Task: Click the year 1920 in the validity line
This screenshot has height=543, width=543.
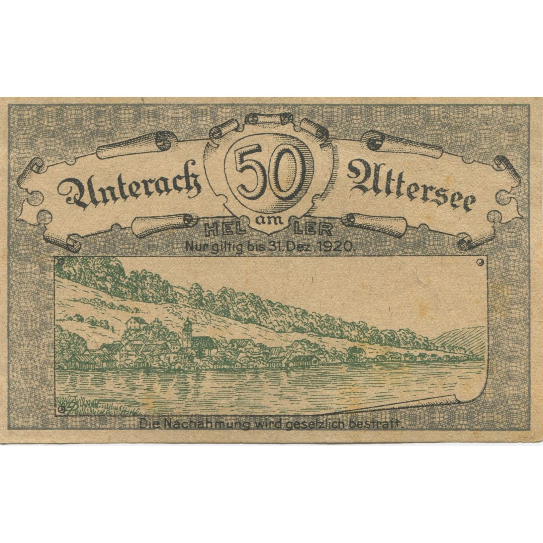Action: [x=338, y=247]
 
